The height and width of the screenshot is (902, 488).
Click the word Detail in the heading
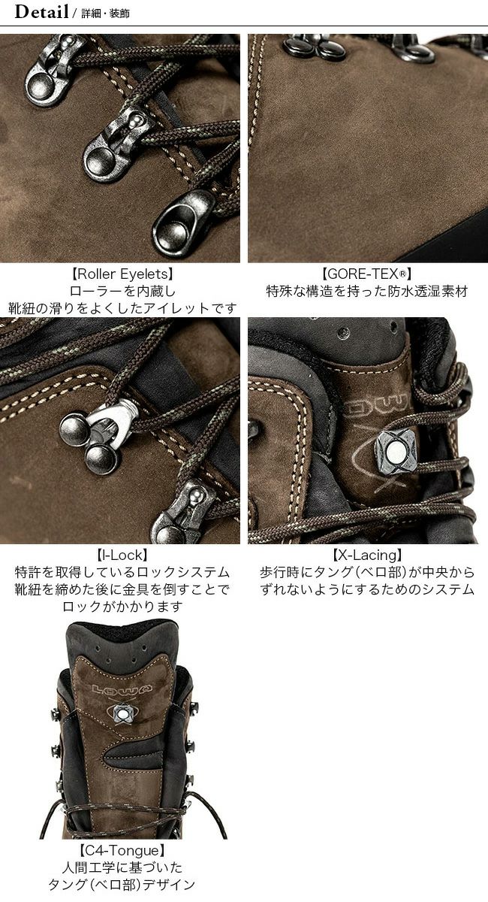click(41, 12)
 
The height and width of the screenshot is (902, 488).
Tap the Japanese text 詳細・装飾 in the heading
click(105, 14)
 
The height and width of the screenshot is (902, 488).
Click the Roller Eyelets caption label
click(122, 274)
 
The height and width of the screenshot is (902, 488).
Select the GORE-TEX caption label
click(366, 274)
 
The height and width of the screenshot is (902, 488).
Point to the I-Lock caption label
click(122, 555)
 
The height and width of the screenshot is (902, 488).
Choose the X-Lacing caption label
click(367, 555)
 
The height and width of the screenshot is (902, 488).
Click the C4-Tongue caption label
click(122, 851)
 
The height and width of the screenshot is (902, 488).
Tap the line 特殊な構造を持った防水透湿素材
click(367, 291)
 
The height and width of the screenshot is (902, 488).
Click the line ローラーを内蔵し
click(122, 291)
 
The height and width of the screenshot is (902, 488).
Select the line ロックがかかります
click(122, 607)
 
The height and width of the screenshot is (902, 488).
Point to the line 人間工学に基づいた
click(122, 867)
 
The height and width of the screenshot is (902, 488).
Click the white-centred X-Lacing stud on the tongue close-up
click(395, 453)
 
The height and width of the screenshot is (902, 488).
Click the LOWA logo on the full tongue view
click(122, 689)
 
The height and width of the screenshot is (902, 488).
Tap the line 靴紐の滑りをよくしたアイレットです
click(122, 308)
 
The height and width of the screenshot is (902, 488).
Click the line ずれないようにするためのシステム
click(367, 589)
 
